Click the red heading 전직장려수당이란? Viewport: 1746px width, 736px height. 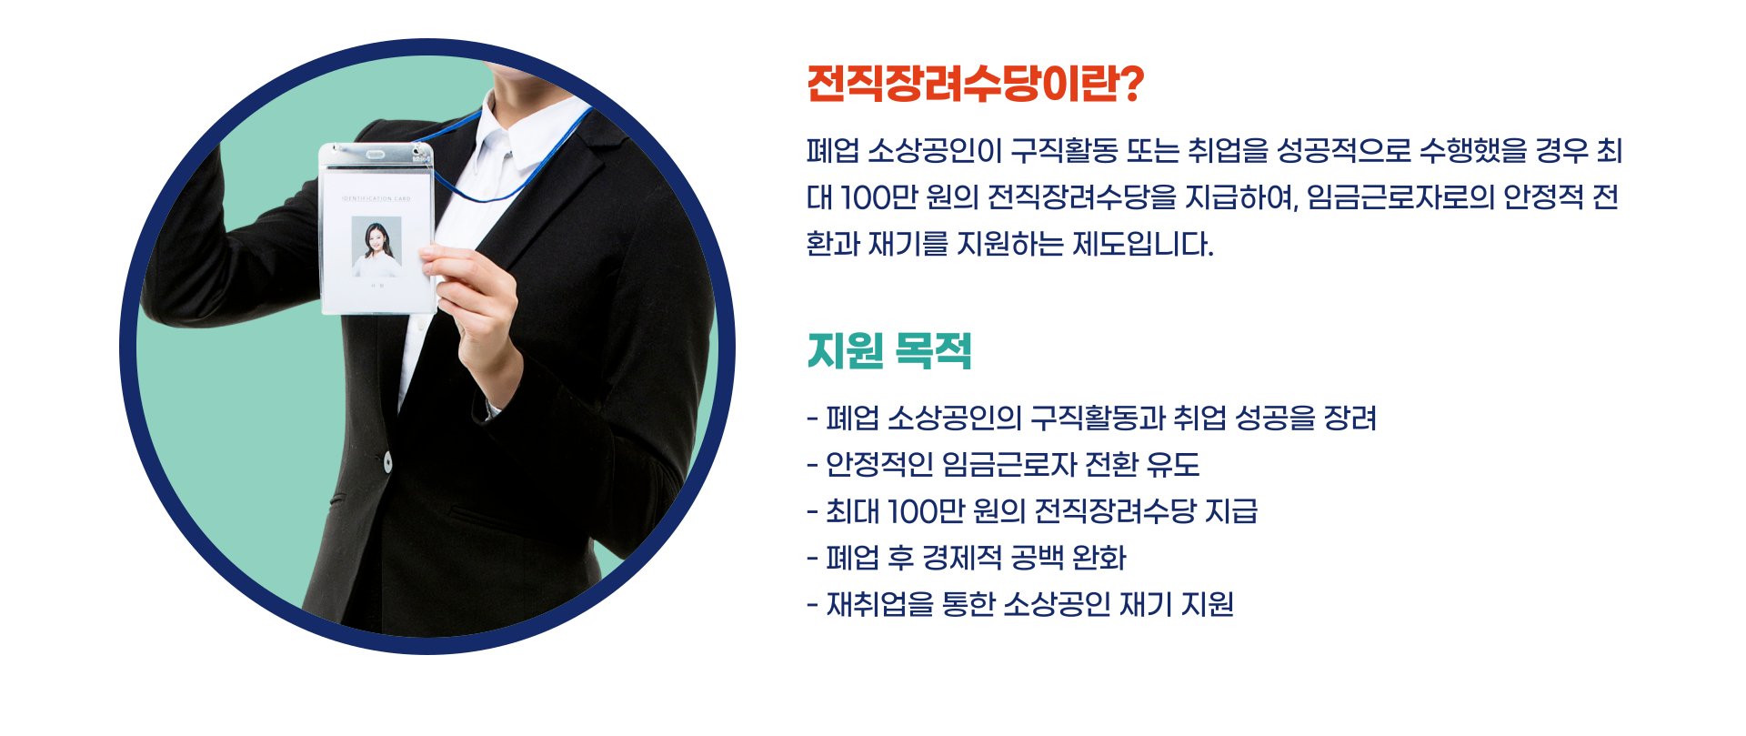pos(974,84)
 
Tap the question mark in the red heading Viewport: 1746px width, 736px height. pos(1129,84)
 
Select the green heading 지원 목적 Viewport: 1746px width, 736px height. pos(889,351)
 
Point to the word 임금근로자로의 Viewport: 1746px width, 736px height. pos(1400,197)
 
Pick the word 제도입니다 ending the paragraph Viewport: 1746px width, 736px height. pos(1142,244)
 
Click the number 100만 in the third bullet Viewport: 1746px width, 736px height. pos(926,511)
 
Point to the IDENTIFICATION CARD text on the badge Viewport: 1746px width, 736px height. pos(376,197)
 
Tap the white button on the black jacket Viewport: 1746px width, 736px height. pos(387,462)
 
